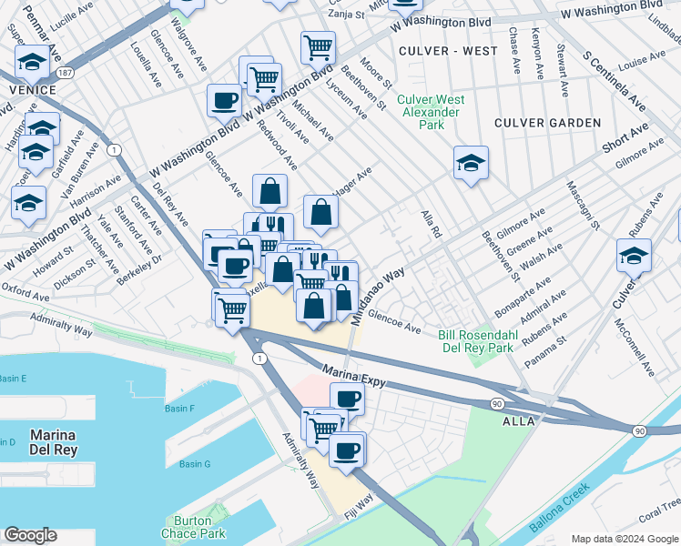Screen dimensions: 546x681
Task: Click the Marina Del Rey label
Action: (53, 441)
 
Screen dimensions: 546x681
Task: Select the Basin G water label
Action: (195, 464)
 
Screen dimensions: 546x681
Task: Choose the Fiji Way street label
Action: (360, 509)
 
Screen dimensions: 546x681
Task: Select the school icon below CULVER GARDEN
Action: (470, 164)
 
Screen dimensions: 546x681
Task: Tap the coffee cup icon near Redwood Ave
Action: (224, 101)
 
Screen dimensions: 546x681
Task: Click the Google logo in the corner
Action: (30, 535)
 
